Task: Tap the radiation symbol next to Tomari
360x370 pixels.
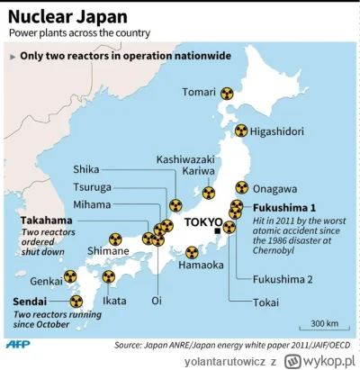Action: point(229,92)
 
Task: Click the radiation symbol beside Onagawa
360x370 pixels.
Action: point(241,189)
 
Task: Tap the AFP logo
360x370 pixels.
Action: point(17,343)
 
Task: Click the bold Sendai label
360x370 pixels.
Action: point(31,302)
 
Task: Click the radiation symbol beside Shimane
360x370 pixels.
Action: point(114,239)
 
